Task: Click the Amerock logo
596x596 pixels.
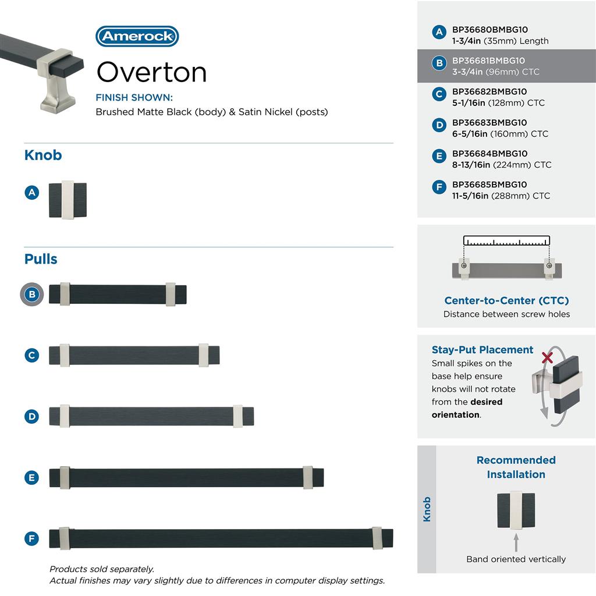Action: pos(137,36)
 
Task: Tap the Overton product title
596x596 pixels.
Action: pos(151,72)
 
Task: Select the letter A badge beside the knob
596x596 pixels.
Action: pos(32,192)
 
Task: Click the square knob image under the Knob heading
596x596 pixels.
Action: pos(68,200)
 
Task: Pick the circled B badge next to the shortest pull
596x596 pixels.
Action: pos(32,295)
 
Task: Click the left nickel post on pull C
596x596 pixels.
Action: pos(64,355)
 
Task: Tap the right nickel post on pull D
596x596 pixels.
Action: pos(237,416)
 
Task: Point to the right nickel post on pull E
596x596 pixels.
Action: pos(308,477)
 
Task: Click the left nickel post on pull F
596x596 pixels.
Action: pos(64,538)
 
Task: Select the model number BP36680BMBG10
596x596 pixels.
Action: pos(490,30)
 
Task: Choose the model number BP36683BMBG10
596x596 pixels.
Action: pos(489,123)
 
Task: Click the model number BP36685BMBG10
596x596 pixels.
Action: pos(489,185)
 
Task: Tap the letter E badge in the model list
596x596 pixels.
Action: pos(439,156)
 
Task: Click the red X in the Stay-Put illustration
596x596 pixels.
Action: pos(547,357)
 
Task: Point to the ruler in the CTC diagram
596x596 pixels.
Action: pos(506,241)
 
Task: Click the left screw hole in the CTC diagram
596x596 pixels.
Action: pos(464,266)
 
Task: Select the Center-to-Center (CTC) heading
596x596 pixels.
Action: pos(506,300)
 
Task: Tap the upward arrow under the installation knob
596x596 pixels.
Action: pos(516,542)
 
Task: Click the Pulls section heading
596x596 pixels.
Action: pos(41,259)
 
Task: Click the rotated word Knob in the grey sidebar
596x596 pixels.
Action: pos(427,509)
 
